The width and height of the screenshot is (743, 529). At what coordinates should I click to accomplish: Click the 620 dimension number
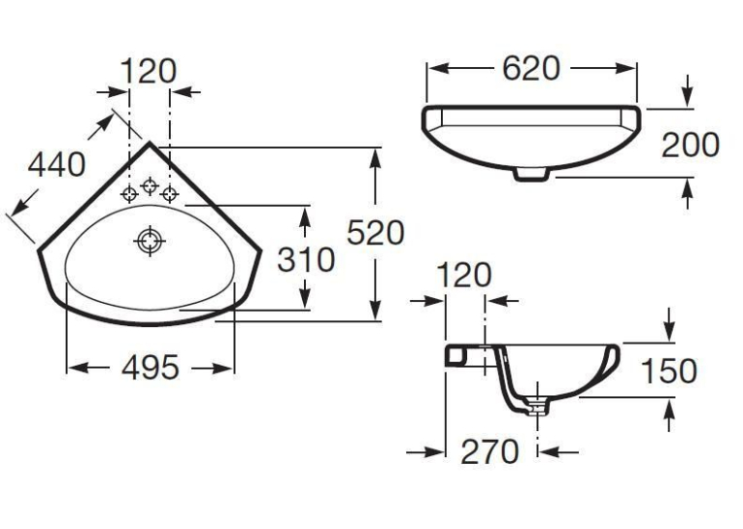pos(530,69)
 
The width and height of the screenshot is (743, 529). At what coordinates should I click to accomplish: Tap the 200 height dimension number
pos(690,145)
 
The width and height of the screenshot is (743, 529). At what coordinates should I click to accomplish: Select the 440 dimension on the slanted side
pos(57,165)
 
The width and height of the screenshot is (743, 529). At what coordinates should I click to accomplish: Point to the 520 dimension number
pos(375,233)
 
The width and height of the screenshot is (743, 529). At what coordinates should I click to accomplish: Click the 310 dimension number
pos(306,259)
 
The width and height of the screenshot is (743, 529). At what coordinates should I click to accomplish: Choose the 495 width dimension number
pos(151,367)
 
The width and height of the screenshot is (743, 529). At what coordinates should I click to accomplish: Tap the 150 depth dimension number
pos(668,371)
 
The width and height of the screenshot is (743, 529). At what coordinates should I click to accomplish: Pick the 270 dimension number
pos(490,451)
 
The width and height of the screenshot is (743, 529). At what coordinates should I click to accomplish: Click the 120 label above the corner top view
pos(149,72)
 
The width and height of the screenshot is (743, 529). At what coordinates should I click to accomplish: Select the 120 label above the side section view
pos(463,275)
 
